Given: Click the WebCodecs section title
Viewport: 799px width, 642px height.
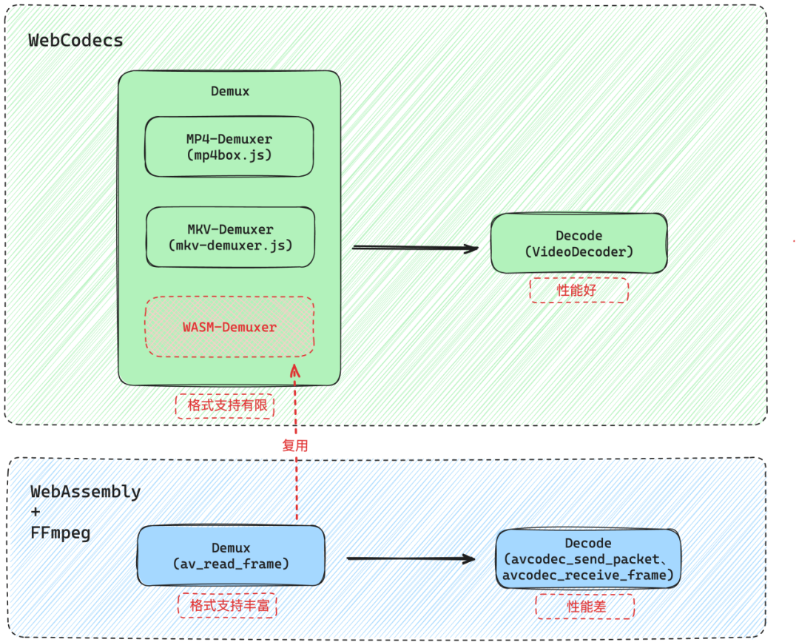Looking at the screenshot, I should (x=75, y=41).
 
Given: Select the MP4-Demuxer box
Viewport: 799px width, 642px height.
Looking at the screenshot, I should (x=229, y=146).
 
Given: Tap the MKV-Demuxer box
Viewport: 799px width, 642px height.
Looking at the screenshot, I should (x=230, y=237).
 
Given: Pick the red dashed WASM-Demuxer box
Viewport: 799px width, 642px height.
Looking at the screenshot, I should (x=229, y=326).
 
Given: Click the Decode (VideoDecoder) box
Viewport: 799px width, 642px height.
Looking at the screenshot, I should (x=579, y=243).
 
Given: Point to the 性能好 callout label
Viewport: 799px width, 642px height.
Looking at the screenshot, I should (x=579, y=291).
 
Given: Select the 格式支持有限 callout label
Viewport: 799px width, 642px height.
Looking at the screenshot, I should (x=225, y=406).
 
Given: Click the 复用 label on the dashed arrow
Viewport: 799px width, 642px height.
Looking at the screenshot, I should (x=295, y=445).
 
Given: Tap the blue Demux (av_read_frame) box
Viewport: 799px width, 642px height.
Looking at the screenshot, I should (x=231, y=556).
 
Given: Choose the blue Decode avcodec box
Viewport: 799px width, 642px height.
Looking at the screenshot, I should (x=588, y=559).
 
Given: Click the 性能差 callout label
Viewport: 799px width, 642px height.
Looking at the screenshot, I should (x=584, y=607).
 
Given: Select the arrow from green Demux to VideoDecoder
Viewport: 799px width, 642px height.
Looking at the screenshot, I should (x=414, y=248).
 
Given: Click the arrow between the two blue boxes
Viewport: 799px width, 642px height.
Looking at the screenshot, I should (x=411, y=558).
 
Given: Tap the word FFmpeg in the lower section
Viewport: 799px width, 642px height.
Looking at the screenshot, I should (x=60, y=533).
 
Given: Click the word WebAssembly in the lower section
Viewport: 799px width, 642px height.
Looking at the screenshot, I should (x=85, y=492).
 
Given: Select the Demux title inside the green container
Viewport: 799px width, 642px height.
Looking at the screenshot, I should (x=230, y=92).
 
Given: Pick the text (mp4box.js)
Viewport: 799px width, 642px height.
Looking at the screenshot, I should (x=229, y=155).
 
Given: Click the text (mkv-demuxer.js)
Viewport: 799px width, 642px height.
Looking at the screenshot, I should (x=230, y=245).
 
